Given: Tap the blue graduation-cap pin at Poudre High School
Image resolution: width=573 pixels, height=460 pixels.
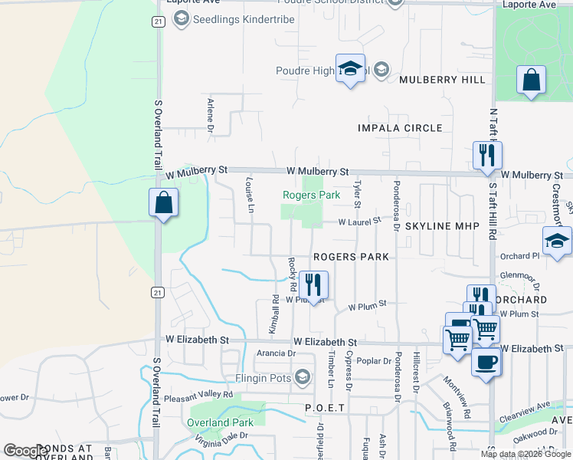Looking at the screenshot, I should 350,70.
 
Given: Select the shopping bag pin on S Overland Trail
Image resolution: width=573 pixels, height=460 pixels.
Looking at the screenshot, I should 163,204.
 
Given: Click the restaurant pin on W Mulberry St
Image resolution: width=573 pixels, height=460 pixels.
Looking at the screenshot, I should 486,156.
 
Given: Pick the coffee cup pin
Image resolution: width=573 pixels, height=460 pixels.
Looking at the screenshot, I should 486,362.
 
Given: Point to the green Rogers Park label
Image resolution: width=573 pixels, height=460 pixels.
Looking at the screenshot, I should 311,195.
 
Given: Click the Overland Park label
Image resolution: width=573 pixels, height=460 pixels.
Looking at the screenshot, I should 221,422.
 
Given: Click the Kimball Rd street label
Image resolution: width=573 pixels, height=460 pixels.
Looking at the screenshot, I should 273,315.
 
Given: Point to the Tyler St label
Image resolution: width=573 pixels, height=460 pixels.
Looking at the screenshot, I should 357,193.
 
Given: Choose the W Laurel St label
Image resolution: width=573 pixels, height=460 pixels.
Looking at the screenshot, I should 361,222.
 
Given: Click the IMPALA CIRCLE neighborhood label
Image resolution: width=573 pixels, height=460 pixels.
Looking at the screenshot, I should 400,128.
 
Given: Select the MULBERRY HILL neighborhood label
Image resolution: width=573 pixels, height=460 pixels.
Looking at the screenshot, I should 442,80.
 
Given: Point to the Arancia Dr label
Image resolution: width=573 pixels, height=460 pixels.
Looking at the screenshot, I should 276,353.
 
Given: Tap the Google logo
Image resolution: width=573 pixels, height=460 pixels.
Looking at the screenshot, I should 25,451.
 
